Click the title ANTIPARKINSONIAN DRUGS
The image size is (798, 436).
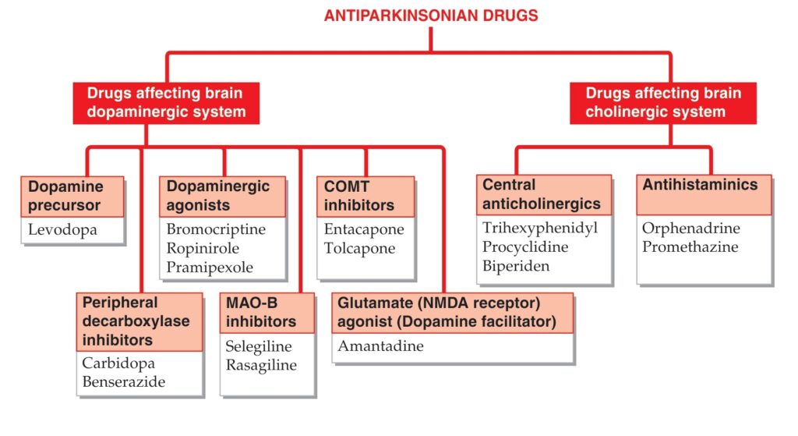pyautogui.click(x=431, y=16)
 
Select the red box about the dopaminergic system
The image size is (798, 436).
pyautogui.click(x=166, y=103)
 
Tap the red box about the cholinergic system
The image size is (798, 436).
pyautogui.click(x=662, y=103)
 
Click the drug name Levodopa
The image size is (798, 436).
pyautogui.click(x=62, y=230)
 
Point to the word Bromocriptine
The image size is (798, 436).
pyautogui.click(x=216, y=229)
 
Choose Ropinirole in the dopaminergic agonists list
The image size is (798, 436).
pyautogui.click(x=203, y=249)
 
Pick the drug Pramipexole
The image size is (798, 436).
pyautogui.click(x=210, y=268)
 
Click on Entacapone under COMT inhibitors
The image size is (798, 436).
pyautogui.click(x=364, y=229)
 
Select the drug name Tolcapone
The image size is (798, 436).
pyautogui.click(x=359, y=248)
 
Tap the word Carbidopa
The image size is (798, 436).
pyautogui.click(x=118, y=363)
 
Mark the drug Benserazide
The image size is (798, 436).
pyautogui.click(x=124, y=381)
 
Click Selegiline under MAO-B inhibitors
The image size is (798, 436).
pyautogui.click(x=259, y=346)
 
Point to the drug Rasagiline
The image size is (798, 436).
pyautogui.click(x=261, y=365)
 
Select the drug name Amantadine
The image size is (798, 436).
pyautogui.click(x=380, y=346)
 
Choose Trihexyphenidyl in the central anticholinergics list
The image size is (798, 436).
pyautogui.click(x=540, y=229)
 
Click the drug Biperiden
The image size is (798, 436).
pyautogui.click(x=516, y=267)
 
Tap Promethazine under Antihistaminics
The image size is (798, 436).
pyautogui.click(x=690, y=247)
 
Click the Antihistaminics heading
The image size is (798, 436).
pyautogui.click(x=700, y=184)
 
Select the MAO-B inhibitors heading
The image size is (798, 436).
pyautogui.click(x=261, y=312)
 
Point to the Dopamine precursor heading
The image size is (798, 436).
pyautogui.click(x=65, y=196)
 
